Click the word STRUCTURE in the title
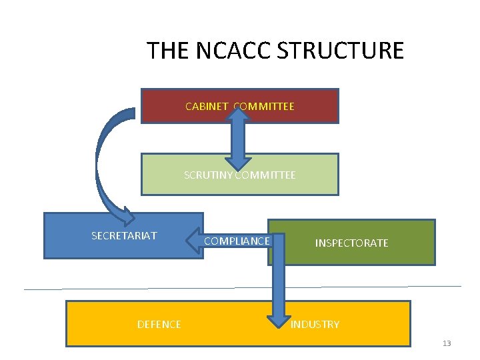click(353, 51)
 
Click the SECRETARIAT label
click(124, 235)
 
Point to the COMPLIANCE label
click(237, 241)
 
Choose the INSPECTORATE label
click(351, 243)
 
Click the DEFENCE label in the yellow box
click(159, 324)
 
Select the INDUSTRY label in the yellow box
click(315, 324)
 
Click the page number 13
click(447, 343)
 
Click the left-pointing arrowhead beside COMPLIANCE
click(191, 241)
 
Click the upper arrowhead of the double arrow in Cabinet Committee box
click(237, 113)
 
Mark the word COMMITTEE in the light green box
click(265, 175)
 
